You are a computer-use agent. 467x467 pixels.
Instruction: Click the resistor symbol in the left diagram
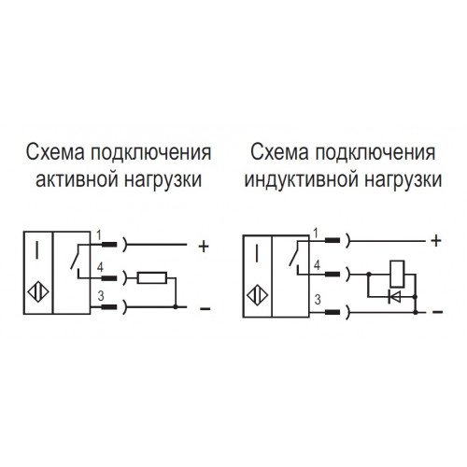tap(152, 277)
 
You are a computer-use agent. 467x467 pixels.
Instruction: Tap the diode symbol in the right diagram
tap(394, 297)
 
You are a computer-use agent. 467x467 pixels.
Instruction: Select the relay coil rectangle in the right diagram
tap(397, 274)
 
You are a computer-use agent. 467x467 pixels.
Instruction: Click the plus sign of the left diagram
tap(204, 247)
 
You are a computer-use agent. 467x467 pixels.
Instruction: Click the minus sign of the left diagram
tap(205, 308)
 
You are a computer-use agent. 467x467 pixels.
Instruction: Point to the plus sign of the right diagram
tap(436, 241)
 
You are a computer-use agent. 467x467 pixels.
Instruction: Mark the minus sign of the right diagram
tap(438, 312)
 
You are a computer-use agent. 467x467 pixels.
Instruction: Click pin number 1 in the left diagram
tap(99, 235)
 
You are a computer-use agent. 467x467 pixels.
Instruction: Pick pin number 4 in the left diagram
tap(100, 267)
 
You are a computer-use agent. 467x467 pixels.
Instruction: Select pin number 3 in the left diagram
tap(101, 296)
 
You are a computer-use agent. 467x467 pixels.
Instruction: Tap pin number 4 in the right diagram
tap(317, 265)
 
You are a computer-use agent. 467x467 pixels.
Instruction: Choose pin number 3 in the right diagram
tap(318, 300)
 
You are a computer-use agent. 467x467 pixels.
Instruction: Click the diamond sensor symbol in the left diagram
tap(38, 292)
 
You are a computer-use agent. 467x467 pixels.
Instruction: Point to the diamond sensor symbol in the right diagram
tap(258, 295)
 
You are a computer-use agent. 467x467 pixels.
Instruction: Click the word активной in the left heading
tap(77, 180)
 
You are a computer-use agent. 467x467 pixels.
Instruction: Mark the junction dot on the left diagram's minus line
tap(176, 307)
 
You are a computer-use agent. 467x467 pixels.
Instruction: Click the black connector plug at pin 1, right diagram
tap(333, 240)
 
